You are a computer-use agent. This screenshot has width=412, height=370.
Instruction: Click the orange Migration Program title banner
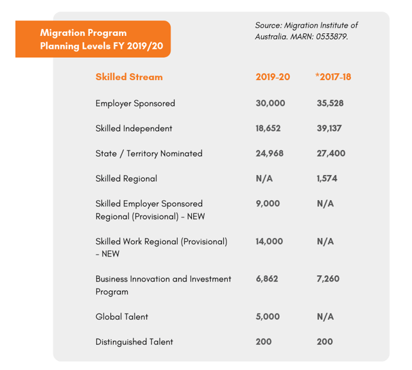click(x=93, y=39)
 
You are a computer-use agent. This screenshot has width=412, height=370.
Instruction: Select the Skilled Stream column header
click(x=129, y=77)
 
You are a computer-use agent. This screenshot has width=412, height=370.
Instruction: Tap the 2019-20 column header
click(x=273, y=77)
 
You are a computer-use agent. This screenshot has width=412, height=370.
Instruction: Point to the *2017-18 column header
click(x=333, y=77)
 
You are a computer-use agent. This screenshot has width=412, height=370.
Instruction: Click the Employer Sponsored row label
click(x=135, y=103)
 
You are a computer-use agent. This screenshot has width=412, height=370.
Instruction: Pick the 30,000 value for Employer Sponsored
click(x=270, y=103)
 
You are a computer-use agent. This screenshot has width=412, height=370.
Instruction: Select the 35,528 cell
click(x=330, y=103)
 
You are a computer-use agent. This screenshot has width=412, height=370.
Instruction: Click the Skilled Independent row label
click(x=134, y=128)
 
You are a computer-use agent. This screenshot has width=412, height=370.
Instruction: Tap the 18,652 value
click(x=268, y=128)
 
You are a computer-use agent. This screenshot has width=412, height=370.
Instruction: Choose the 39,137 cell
click(x=329, y=128)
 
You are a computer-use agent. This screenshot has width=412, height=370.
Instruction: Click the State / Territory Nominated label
click(x=149, y=153)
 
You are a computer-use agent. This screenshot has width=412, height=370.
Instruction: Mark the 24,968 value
click(x=270, y=153)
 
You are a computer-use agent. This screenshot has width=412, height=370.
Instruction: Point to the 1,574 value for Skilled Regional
click(x=327, y=178)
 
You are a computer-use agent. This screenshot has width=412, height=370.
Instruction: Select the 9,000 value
click(x=268, y=203)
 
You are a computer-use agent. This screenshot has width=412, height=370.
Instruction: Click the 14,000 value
click(x=270, y=241)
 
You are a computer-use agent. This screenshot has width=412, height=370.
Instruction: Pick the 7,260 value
click(x=328, y=279)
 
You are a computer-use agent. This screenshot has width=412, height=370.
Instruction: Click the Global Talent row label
click(x=122, y=316)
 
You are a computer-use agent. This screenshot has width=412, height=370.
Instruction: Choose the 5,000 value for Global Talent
click(x=268, y=316)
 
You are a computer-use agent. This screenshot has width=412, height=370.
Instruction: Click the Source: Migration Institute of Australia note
click(x=307, y=31)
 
